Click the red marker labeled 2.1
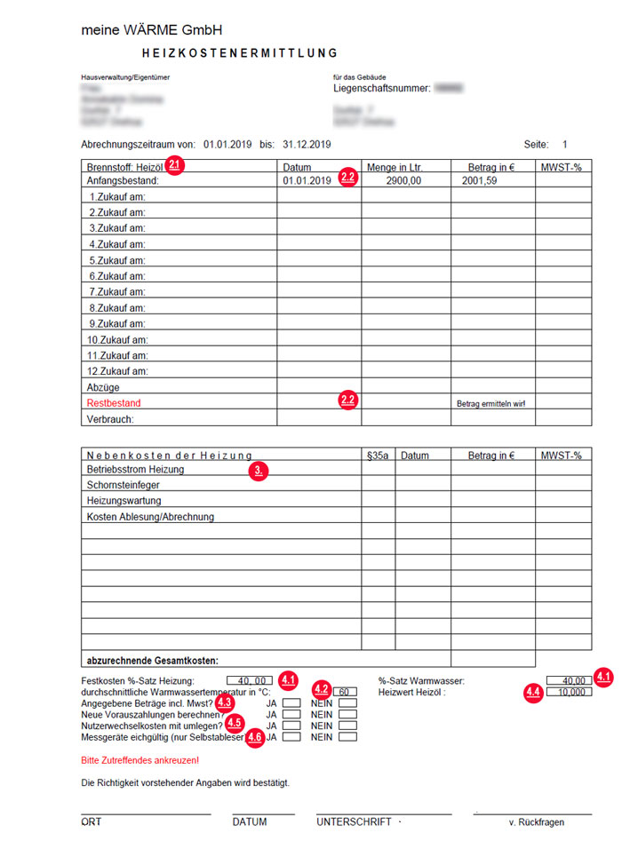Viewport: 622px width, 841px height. pyautogui.click(x=175, y=164)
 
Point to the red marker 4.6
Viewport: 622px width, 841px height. pyautogui.click(x=256, y=736)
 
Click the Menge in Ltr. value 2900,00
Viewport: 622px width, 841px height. pyautogui.click(x=405, y=180)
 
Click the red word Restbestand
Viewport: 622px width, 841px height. pyautogui.click(x=114, y=403)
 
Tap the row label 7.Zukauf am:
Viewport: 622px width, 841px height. pyautogui.click(x=117, y=292)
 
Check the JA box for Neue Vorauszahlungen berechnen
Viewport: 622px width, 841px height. pyautogui.click(x=291, y=714)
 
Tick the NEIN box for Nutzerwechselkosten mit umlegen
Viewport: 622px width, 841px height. pyautogui.click(x=347, y=726)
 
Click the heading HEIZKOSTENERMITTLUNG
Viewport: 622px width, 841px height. pyautogui.click(x=239, y=53)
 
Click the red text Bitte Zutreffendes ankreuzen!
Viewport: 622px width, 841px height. pyautogui.click(x=140, y=761)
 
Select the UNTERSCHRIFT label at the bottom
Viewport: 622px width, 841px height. pyautogui.click(x=354, y=822)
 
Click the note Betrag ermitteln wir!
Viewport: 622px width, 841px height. pyautogui.click(x=490, y=403)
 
